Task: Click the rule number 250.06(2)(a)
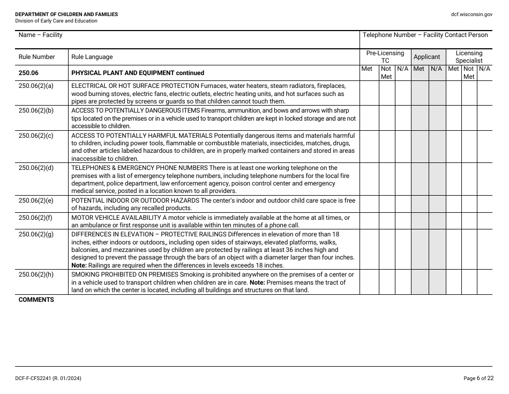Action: (x=36, y=86)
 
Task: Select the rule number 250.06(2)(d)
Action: (x=36, y=168)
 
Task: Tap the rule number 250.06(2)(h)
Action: (x=36, y=274)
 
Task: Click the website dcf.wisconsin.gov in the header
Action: (x=471, y=14)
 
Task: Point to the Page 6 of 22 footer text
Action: (x=478, y=378)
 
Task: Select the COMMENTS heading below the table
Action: (x=36, y=300)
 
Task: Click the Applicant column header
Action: (x=427, y=57)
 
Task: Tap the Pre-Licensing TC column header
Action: (x=385, y=57)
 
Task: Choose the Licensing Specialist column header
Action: (x=469, y=57)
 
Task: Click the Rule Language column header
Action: (x=92, y=57)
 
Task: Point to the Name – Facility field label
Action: (x=41, y=35)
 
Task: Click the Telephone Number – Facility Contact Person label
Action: (x=425, y=35)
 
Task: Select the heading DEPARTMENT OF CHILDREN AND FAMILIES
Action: (x=67, y=14)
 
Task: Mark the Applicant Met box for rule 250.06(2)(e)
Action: (x=420, y=204)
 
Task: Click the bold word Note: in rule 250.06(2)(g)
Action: (x=79, y=265)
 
